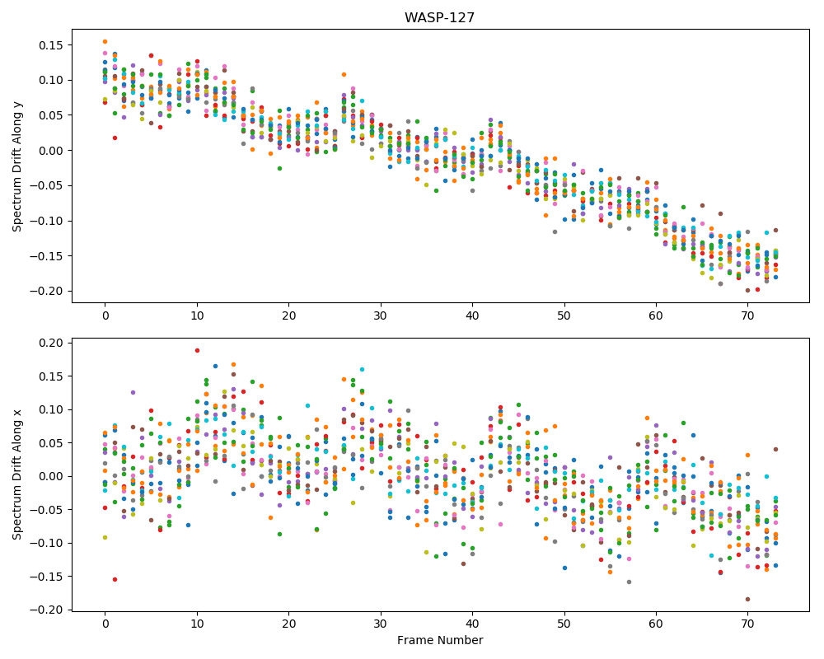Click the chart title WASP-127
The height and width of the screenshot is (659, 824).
click(x=439, y=17)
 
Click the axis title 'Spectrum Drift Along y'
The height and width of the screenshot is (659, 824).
click(x=17, y=166)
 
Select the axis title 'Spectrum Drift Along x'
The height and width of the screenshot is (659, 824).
click(x=17, y=474)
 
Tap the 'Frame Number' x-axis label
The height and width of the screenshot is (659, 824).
click(x=440, y=640)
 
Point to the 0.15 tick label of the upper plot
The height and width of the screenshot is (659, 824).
click(x=51, y=45)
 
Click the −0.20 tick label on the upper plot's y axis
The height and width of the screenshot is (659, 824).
click(x=47, y=291)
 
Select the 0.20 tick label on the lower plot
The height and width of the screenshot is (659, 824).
click(x=51, y=344)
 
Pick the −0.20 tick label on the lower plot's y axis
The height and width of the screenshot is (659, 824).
click(x=47, y=610)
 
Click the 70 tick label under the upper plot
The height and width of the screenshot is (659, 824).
click(x=747, y=315)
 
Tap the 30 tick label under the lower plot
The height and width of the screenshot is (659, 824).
click(x=380, y=624)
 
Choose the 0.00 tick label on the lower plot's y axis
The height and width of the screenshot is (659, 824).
click(x=51, y=477)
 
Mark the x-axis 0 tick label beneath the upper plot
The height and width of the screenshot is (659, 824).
click(x=105, y=315)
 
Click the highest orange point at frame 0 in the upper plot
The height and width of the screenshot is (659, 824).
click(x=105, y=41)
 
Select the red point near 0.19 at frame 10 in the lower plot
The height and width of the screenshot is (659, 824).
click(x=197, y=351)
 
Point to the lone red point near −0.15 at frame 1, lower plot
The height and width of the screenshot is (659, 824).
click(x=115, y=580)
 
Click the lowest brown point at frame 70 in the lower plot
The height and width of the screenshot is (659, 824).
click(x=747, y=599)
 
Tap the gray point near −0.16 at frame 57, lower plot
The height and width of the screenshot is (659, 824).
click(x=629, y=582)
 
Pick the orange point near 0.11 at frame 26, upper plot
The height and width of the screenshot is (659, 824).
click(x=344, y=75)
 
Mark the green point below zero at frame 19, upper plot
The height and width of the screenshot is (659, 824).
click(x=279, y=168)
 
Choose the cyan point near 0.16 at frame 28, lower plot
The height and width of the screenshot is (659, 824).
click(x=362, y=369)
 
